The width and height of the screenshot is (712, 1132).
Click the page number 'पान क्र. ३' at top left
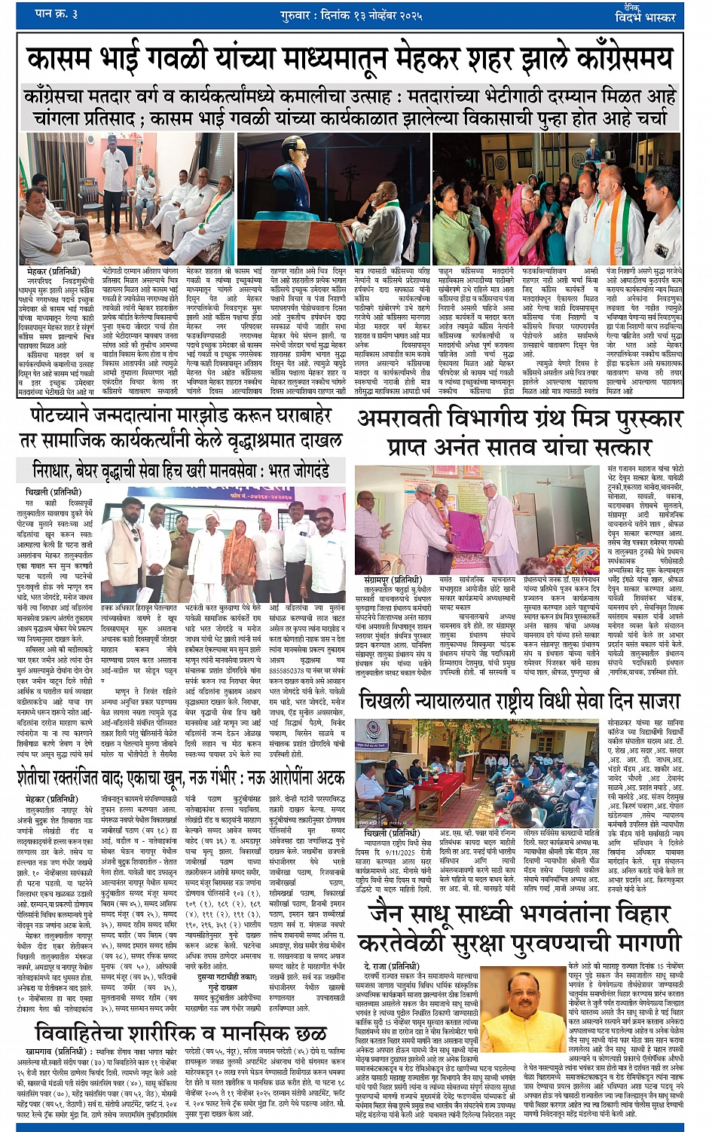click(57, 14)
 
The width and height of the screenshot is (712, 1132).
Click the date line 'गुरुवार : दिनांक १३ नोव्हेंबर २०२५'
click(356, 14)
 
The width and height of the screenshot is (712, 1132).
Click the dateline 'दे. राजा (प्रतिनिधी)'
click(391, 965)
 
